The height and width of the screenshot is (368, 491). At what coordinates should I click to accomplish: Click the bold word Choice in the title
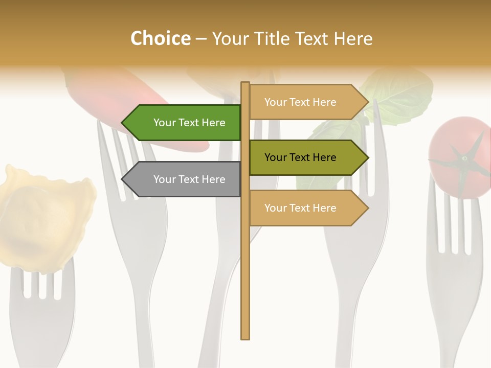click(160, 38)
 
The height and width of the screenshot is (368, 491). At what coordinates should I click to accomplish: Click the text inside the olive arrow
click(300, 157)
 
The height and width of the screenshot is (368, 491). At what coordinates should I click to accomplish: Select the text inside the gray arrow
click(189, 179)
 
